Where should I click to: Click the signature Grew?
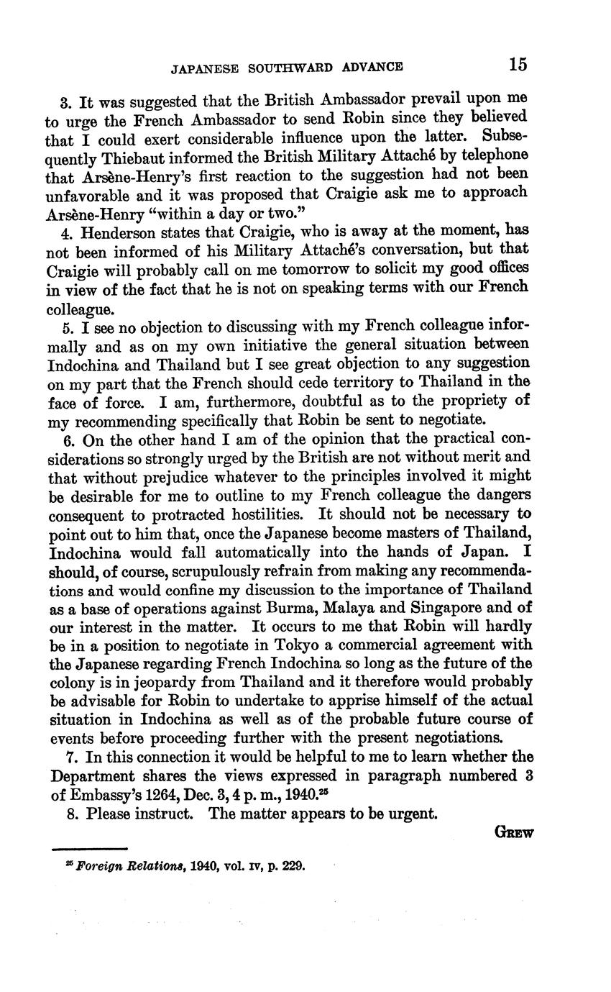(x=514, y=833)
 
